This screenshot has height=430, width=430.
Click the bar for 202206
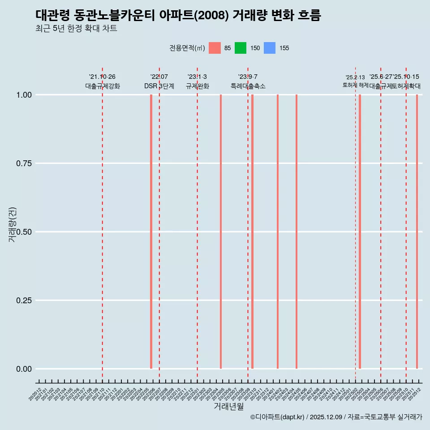click(x=151, y=232)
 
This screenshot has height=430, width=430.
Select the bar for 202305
click(x=221, y=232)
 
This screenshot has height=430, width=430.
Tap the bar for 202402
click(x=278, y=232)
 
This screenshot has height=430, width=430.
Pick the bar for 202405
click(x=297, y=232)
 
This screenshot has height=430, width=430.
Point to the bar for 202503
click(x=360, y=232)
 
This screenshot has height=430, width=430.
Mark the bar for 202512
click(x=417, y=232)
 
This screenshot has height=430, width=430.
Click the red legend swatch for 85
click(x=215, y=48)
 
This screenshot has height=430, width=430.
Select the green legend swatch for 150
click(x=241, y=48)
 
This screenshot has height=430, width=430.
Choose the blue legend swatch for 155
click(x=270, y=48)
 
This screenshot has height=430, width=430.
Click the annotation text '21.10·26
click(x=102, y=77)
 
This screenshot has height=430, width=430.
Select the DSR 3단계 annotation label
click(x=159, y=86)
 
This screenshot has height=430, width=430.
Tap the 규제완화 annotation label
click(x=198, y=86)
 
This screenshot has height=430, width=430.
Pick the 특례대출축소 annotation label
click(x=248, y=86)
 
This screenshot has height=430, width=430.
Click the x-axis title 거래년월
click(x=229, y=407)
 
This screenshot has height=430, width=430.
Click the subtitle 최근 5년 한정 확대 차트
click(x=76, y=29)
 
